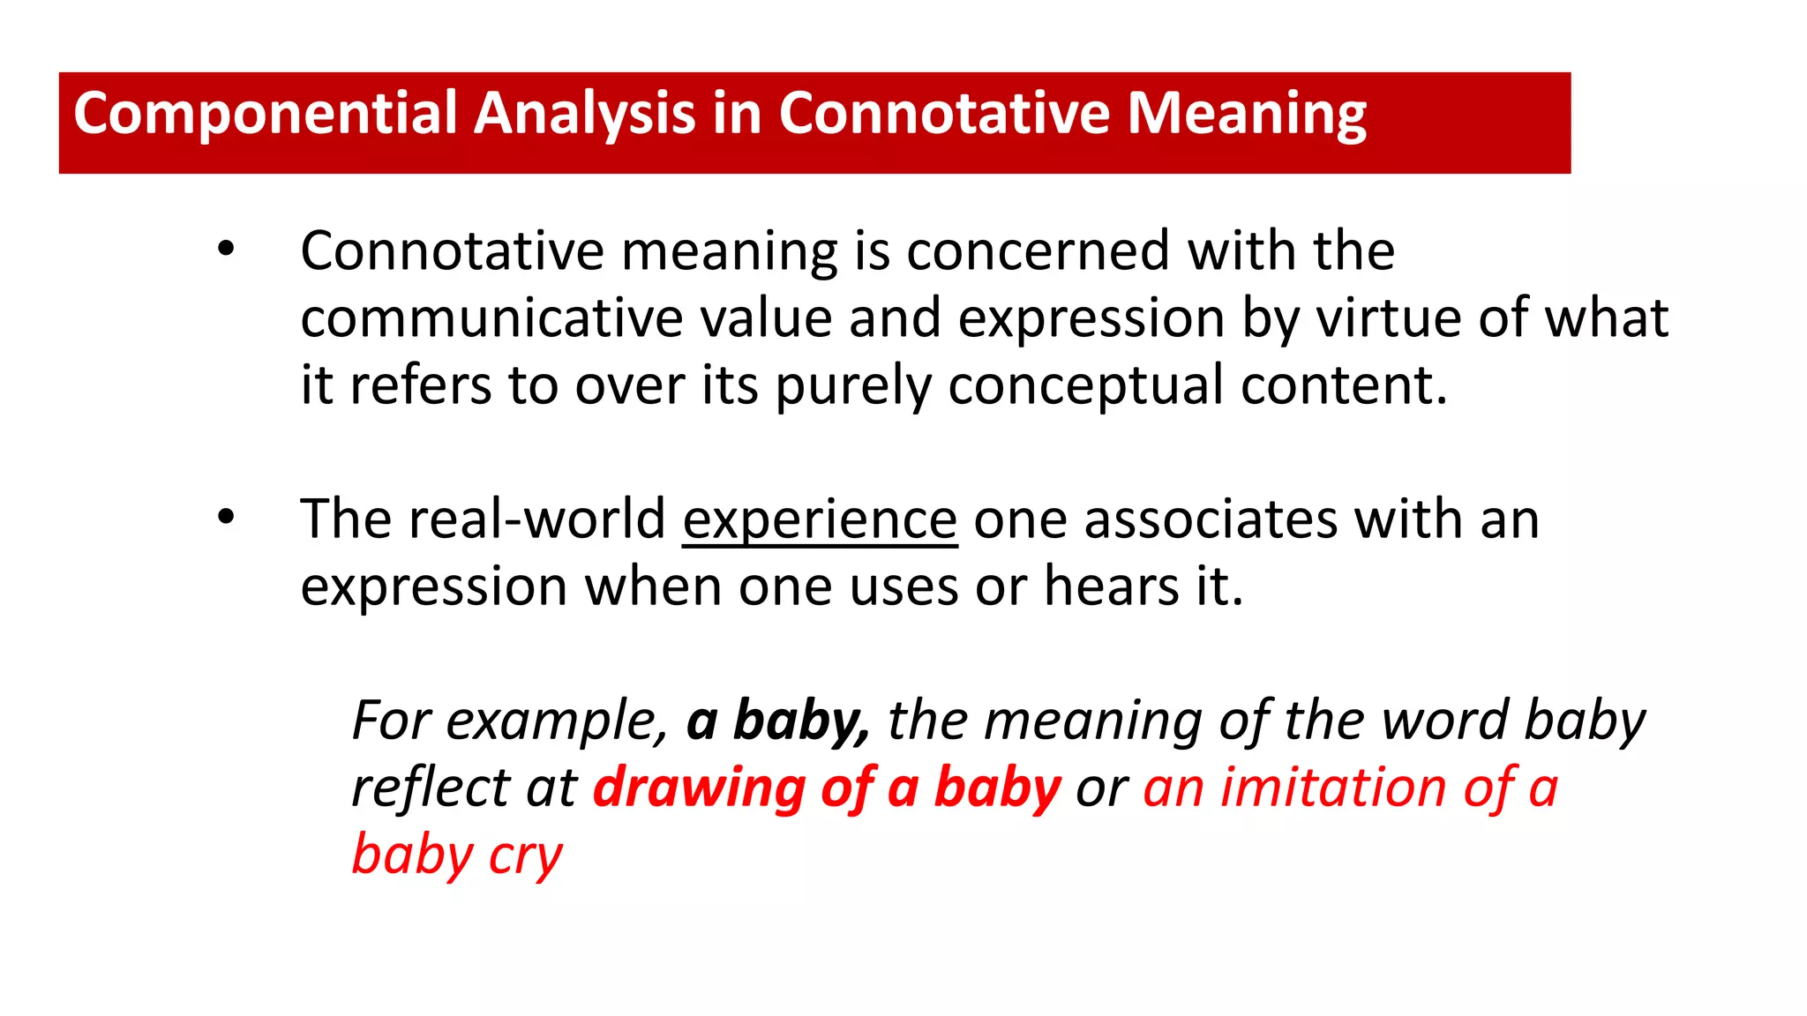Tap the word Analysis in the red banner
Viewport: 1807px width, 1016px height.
[584, 115]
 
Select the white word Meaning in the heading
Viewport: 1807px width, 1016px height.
[1247, 115]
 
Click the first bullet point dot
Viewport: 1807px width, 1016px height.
[227, 250]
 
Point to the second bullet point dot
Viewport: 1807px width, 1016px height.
[227, 518]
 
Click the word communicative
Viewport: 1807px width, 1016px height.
[491, 318]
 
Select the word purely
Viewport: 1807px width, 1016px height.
[852, 386]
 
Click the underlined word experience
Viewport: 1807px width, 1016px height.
[820, 519]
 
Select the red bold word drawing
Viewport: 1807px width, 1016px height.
[699, 788]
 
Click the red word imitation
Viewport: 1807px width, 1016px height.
[1333, 788]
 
